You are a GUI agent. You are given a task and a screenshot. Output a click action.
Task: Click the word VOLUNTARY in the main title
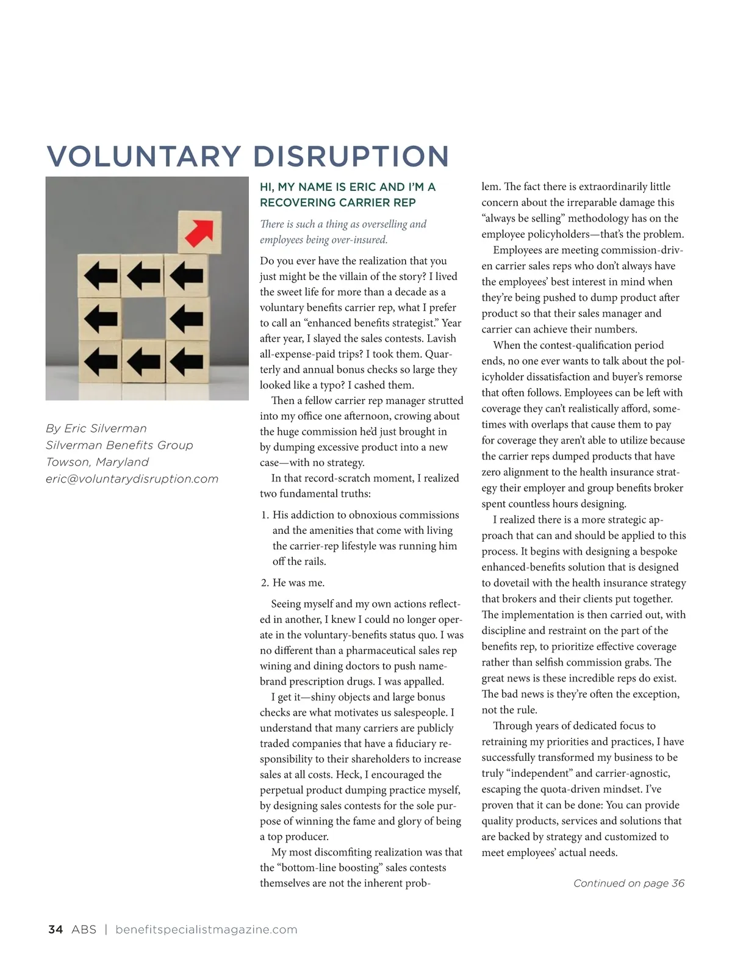(144, 156)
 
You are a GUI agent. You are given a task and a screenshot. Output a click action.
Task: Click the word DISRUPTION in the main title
(351, 156)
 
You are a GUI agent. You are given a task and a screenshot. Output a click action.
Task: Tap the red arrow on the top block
(199, 232)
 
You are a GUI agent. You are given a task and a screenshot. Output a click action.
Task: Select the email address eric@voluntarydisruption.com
(132, 479)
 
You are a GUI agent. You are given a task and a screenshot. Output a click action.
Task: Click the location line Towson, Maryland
(97, 462)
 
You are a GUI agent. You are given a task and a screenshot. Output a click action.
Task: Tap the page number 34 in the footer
(55, 929)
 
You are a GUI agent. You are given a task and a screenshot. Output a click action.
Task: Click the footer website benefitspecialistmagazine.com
(206, 929)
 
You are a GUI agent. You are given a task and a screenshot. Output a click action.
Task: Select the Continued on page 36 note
(628, 883)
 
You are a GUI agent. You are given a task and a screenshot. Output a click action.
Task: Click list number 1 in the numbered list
(265, 515)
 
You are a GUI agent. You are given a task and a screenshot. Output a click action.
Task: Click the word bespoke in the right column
(658, 552)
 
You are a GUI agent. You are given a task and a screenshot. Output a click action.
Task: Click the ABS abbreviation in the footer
(84, 929)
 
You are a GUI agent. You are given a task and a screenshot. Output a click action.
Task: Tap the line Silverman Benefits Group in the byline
(119, 445)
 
